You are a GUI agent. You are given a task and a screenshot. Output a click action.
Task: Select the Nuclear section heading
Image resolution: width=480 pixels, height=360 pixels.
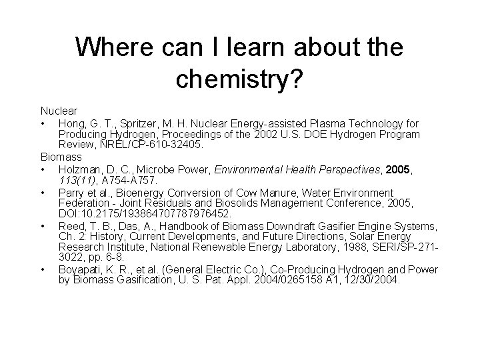pos(59,110)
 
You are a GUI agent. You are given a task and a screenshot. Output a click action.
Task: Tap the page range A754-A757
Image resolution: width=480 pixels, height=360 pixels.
pos(128,180)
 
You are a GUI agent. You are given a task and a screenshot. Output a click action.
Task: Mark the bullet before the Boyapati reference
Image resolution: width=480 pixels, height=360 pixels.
pos(43,270)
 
